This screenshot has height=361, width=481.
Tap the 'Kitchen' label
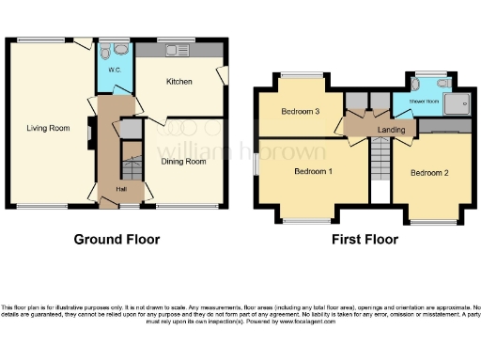coord(179,82)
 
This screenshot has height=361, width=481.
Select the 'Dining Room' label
coord(183,161)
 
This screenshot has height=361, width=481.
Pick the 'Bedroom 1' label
coord(313,171)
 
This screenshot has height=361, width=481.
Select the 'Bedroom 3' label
coord(301,112)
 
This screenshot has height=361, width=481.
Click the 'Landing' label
coord(390,130)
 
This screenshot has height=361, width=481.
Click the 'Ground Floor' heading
coord(116,239)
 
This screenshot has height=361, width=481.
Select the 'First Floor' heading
coord(365,239)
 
